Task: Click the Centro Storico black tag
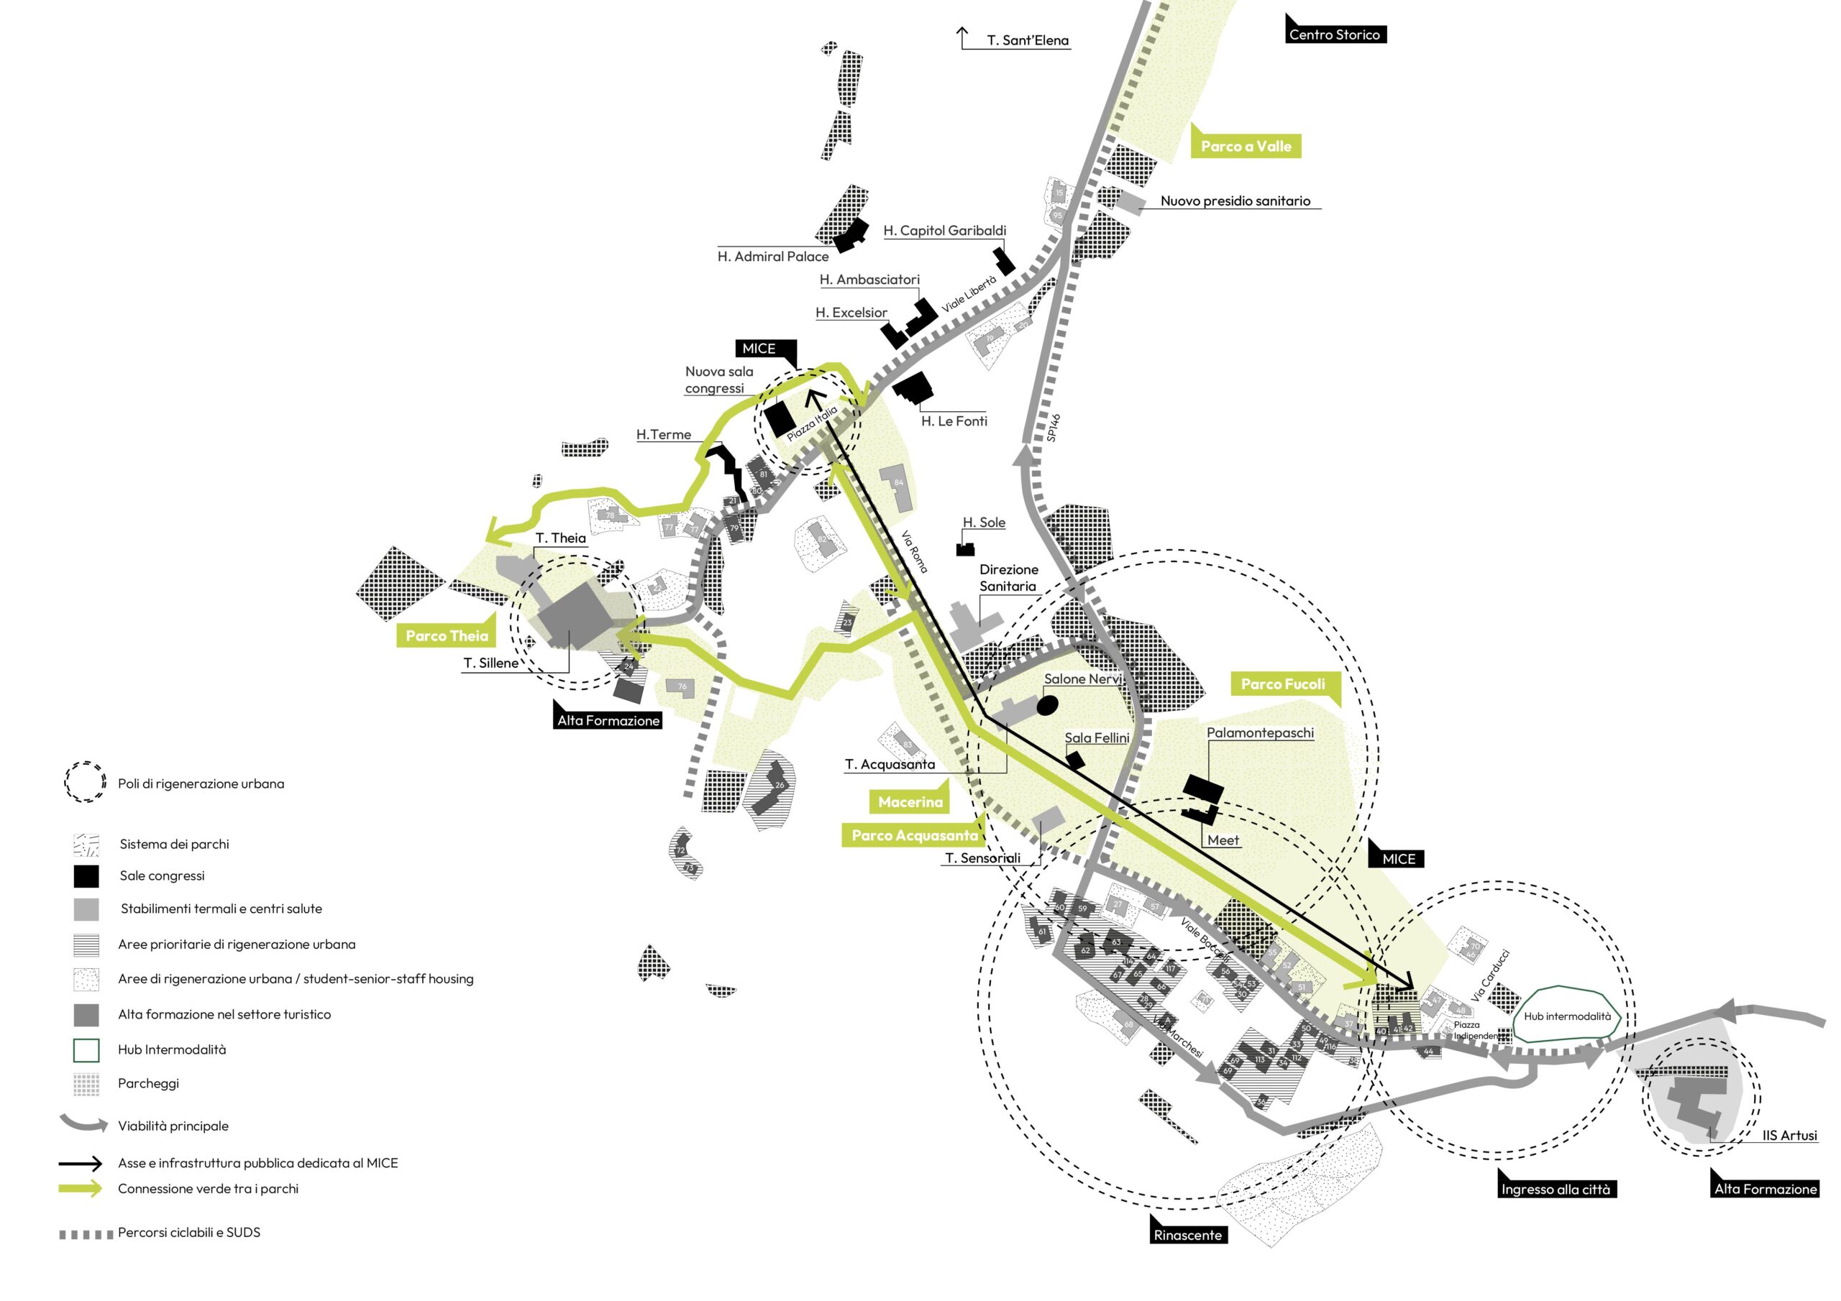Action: [1335, 35]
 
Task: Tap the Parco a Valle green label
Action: [1246, 146]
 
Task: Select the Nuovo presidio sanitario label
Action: [1235, 201]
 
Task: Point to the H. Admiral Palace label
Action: [773, 257]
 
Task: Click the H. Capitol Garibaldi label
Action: [944, 231]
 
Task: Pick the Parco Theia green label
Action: [447, 635]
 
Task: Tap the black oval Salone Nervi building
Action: [1047, 704]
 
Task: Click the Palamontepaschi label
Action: [1260, 732]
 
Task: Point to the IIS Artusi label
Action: [1789, 1135]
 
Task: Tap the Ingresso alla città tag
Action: [1556, 1189]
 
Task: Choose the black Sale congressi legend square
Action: [86, 876]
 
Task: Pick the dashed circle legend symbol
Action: [85, 782]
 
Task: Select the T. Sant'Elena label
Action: [1027, 40]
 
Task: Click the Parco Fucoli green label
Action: [1283, 684]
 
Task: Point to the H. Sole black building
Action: [965, 549]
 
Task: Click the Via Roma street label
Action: [914, 551]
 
